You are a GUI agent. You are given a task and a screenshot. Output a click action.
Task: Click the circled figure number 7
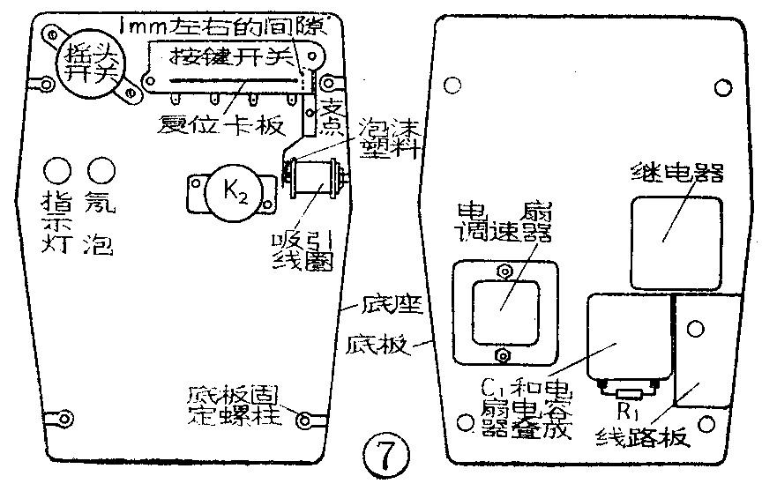[x=385, y=456]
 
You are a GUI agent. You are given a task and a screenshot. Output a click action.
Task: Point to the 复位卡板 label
[x=220, y=123]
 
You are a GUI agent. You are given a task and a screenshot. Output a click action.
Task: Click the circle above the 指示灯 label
[x=58, y=168]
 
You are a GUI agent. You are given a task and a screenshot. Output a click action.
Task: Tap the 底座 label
[x=386, y=308]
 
